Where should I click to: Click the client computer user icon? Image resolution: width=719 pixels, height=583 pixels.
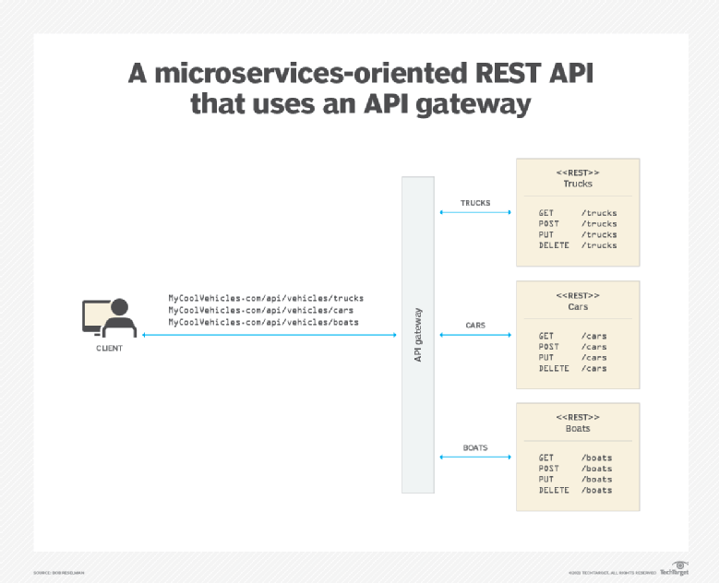(x=108, y=319)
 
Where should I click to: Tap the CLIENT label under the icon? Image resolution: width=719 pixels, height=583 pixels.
(x=109, y=349)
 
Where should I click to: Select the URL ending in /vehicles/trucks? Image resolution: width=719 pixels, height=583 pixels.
(x=266, y=298)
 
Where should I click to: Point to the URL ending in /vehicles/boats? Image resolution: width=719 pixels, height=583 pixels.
(x=263, y=322)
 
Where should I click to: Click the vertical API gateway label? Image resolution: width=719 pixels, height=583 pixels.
(x=418, y=335)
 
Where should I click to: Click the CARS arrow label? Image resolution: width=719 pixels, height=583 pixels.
(x=475, y=326)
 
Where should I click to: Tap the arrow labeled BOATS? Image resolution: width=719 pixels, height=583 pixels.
(x=475, y=448)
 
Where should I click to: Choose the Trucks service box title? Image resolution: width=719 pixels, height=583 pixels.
(x=578, y=184)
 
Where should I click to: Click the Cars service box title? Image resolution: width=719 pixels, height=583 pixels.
(x=578, y=306)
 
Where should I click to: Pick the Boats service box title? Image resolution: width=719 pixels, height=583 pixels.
(x=578, y=428)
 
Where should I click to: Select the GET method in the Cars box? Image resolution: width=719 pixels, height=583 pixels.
(x=546, y=336)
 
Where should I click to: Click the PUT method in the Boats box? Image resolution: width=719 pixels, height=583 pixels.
(x=546, y=480)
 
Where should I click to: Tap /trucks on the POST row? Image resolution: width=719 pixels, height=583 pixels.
(x=599, y=224)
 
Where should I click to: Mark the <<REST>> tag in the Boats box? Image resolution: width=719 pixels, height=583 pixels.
(x=578, y=417)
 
